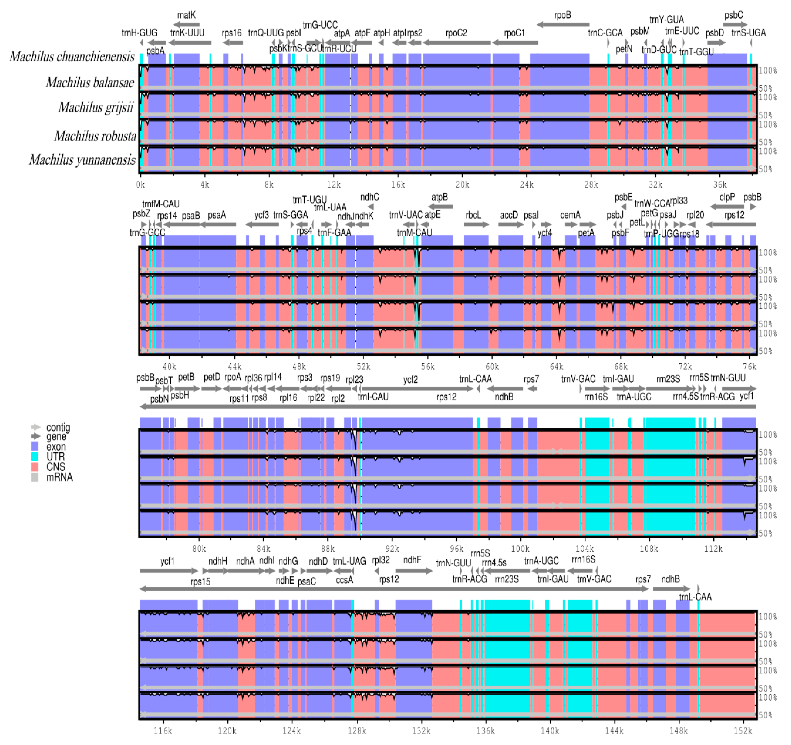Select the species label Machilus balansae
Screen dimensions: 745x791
pos(90,83)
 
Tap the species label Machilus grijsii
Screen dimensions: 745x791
pos(96,107)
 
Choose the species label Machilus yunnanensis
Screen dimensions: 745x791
pos(82,160)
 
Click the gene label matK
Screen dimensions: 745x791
pos(186,15)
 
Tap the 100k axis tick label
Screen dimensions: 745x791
pos(520,549)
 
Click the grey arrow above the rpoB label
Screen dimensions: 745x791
pos(563,25)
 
